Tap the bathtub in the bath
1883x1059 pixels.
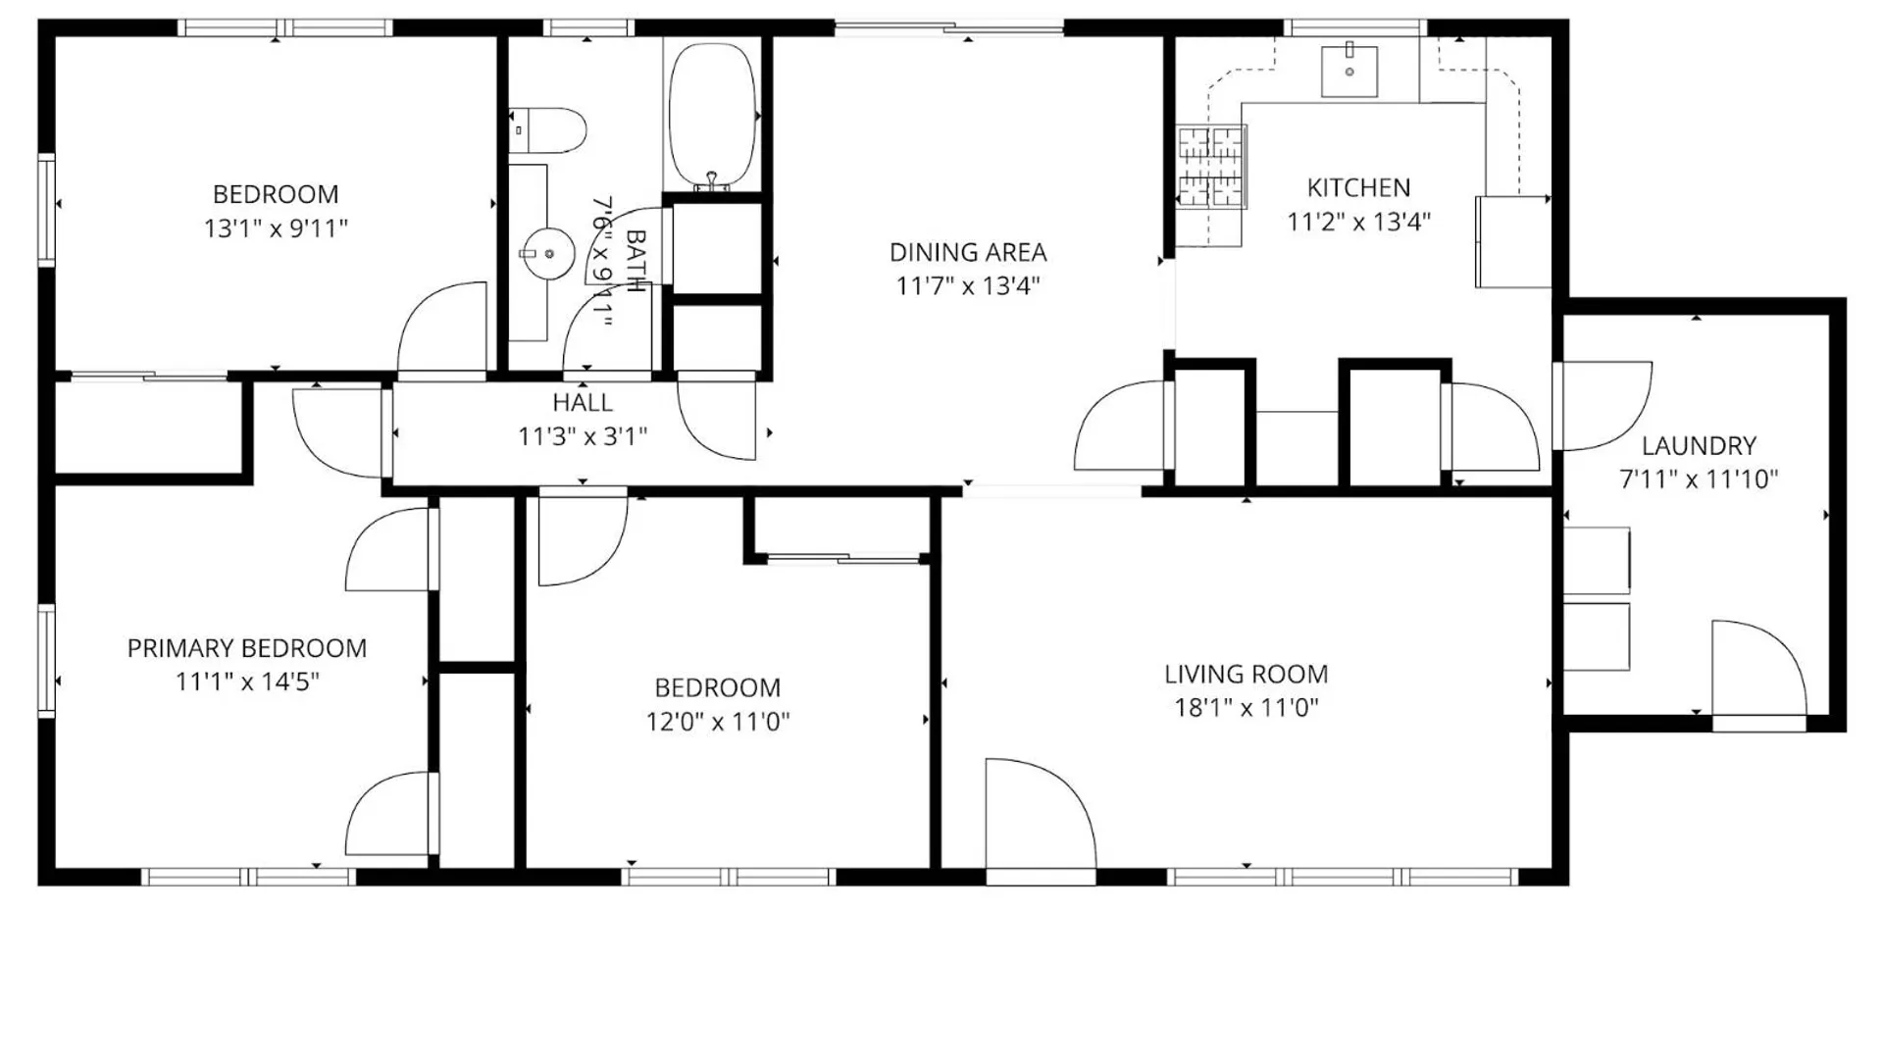pos(713,116)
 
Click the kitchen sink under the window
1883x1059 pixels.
pos(1349,71)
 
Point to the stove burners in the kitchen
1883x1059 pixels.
pos(1210,167)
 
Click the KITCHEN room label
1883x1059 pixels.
pos(1358,187)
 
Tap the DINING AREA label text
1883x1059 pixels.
pos(968,252)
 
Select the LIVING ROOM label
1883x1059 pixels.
pos(1247,675)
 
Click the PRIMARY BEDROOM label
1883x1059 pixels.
pos(247,648)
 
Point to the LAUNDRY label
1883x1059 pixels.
pos(1699,446)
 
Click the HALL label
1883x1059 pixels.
pos(583,402)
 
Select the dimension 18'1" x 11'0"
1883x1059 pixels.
pos(1247,708)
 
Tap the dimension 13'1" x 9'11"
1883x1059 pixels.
pos(276,228)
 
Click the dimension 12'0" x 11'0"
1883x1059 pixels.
pos(718,722)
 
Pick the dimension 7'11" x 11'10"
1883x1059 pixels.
pos(1699,479)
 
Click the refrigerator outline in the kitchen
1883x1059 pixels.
pos(1513,241)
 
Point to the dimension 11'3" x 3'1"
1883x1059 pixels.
pos(583,436)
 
